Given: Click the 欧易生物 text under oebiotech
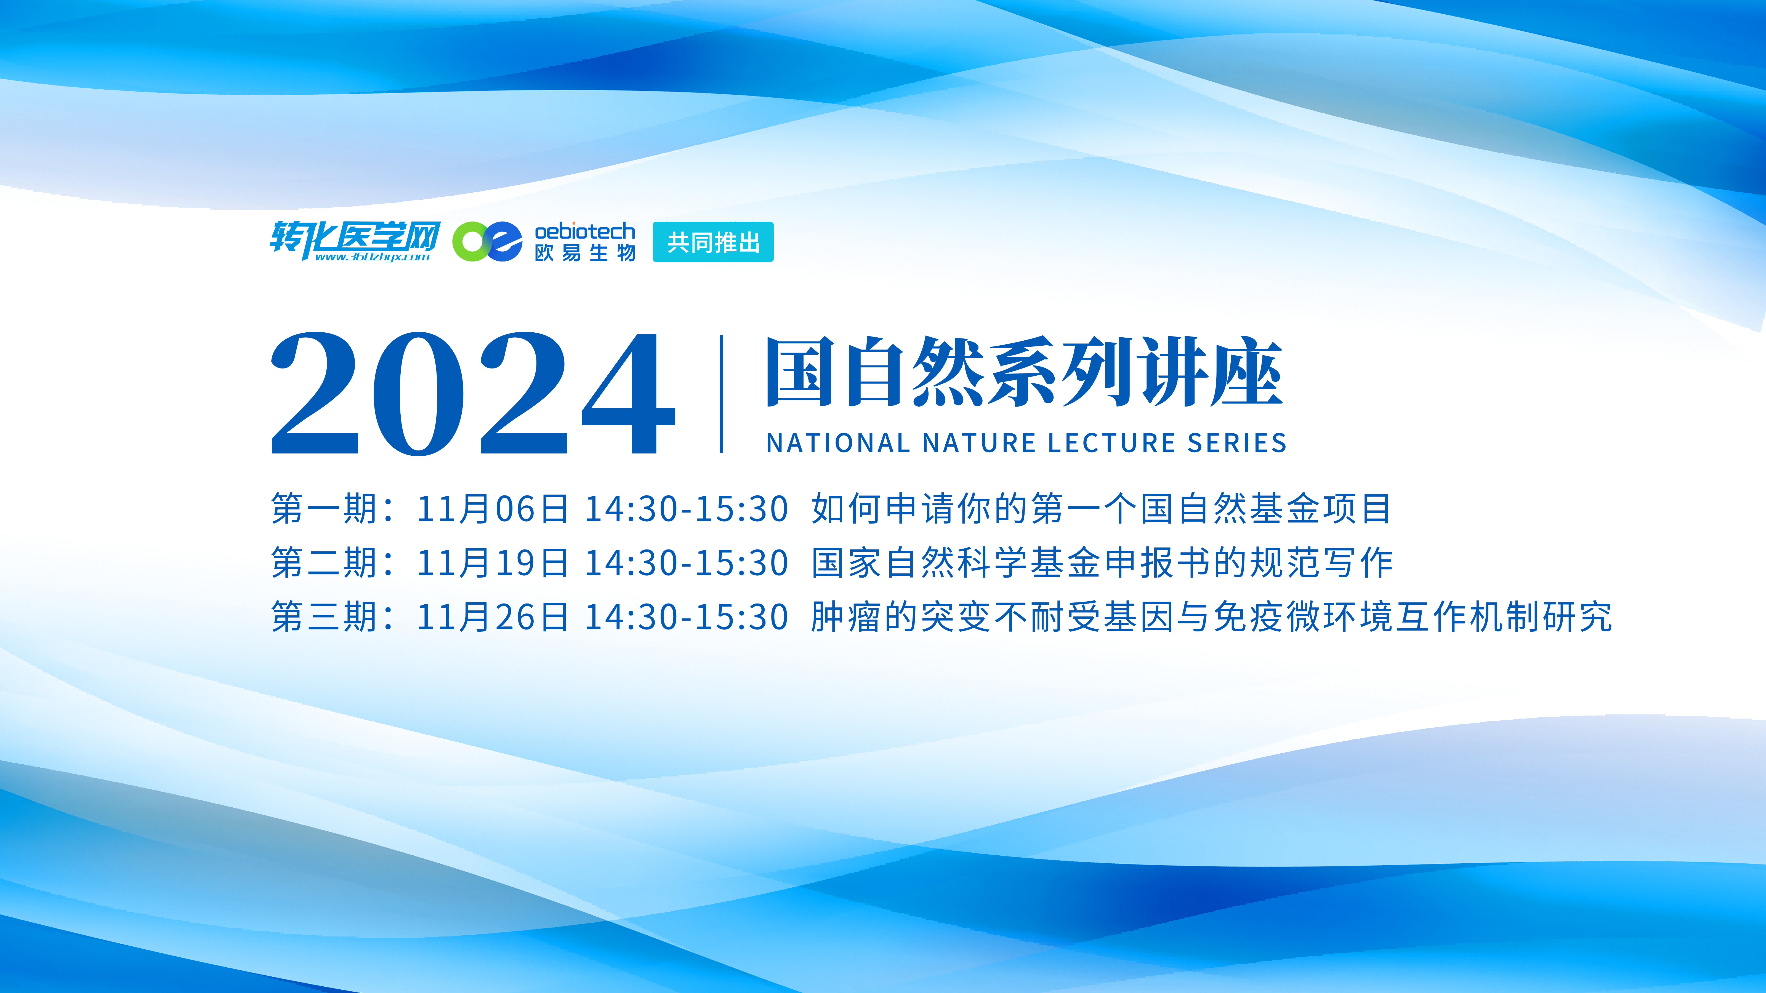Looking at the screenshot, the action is click(585, 253).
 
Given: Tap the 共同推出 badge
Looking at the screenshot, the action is click(713, 242).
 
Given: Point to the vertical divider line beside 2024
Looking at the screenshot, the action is click(721, 394).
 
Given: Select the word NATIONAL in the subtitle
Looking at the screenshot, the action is click(838, 443).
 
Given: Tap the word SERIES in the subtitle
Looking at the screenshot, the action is click(1237, 443).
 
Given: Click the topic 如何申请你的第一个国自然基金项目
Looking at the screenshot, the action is click(1101, 508).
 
